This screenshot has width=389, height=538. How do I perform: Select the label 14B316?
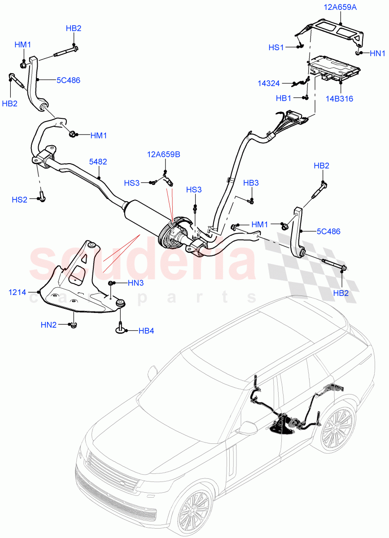point(340,98)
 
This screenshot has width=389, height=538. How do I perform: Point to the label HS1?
point(276,47)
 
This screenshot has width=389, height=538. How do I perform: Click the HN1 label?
point(377,53)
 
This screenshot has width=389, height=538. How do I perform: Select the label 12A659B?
point(163,154)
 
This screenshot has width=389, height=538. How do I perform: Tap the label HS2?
point(20,199)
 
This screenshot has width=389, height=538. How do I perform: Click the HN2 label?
point(49,325)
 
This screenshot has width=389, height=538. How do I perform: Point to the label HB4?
point(146,331)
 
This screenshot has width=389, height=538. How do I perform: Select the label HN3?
point(135,283)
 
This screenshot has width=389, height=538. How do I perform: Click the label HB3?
point(251,182)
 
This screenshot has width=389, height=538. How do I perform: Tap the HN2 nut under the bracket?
point(72,325)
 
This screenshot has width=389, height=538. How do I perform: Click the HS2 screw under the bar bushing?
point(42,197)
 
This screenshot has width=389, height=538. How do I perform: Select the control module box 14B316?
point(334,69)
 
